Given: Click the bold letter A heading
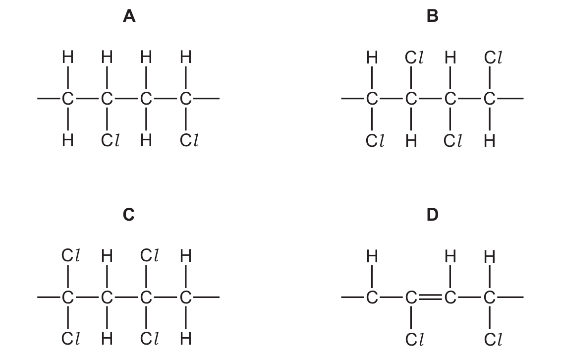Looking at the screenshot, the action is click(129, 16).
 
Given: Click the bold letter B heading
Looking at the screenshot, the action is click(433, 16).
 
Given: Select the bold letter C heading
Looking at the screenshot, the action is click(129, 215).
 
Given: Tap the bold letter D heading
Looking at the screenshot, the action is click(433, 215).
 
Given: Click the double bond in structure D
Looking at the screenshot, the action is click(431, 297).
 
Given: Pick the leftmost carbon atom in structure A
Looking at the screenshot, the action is click(67, 98).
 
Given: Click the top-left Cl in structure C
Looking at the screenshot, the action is click(70, 255).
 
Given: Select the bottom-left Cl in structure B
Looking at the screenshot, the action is click(375, 141).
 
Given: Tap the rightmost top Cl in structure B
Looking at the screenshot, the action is click(493, 57).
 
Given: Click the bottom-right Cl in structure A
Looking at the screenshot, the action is click(189, 140).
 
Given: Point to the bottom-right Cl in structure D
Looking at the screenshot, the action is click(493, 340).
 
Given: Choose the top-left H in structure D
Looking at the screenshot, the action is click(372, 256).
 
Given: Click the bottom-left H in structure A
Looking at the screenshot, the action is click(67, 141).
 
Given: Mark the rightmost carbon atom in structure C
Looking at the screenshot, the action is click(185, 298).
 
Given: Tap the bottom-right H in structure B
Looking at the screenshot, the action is click(490, 141).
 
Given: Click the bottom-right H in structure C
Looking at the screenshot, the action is click(185, 339).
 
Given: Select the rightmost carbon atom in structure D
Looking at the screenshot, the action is click(489, 298).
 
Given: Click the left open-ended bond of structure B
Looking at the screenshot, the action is click(353, 98).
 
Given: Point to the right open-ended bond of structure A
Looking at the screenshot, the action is click(206, 98).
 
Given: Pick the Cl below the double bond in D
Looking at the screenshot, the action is click(414, 340).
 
